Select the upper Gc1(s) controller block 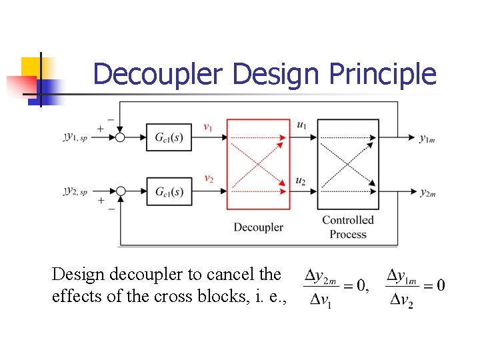click(169, 138)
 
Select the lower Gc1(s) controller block click(169, 192)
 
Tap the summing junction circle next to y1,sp click(121, 138)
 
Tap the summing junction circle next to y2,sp click(121, 192)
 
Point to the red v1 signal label click(209, 127)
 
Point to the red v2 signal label click(209, 179)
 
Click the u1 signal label click(301, 125)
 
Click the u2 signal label click(301, 181)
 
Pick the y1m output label click(427, 138)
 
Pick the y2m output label click(427, 193)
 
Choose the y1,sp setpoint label click(79, 137)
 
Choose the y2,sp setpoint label click(79, 191)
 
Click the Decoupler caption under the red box click(258, 227)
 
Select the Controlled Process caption click(348, 227)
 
